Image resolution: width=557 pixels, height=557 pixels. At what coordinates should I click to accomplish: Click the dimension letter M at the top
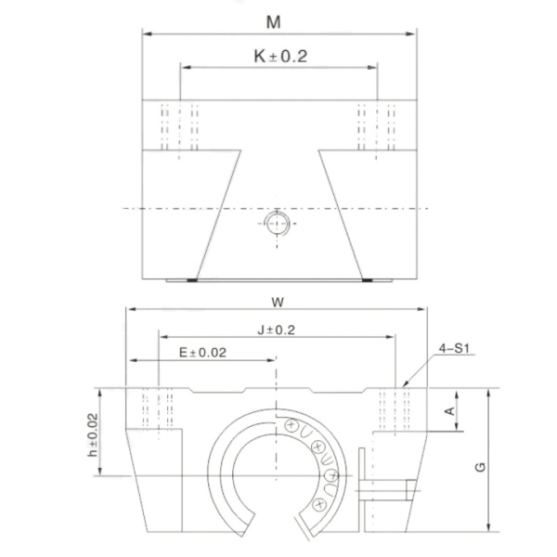[273, 22]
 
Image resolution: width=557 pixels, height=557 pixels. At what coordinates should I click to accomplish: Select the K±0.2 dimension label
[280, 56]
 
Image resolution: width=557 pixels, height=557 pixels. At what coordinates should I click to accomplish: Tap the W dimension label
[278, 303]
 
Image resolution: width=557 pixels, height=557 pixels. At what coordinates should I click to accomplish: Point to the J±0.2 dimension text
[276, 330]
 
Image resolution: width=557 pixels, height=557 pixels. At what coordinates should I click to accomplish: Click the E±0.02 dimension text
[202, 353]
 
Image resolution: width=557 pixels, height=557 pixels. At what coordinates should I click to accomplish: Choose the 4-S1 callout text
[454, 348]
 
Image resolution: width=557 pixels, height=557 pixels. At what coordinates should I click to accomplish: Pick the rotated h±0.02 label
[93, 434]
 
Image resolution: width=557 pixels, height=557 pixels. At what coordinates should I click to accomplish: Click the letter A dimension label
[449, 411]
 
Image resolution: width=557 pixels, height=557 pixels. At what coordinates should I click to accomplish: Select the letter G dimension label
[480, 467]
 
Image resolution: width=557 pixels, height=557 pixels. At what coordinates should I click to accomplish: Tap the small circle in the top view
[277, 223]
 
